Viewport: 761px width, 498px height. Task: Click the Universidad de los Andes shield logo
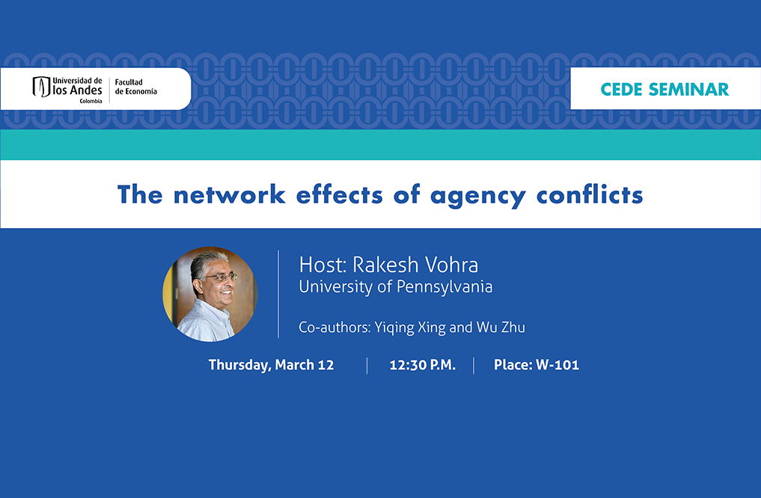pos(41,87)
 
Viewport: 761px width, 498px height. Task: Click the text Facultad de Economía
pos(136,87)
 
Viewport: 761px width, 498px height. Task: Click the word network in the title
pos(230,194)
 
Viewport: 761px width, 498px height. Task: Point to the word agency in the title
pos(477,197)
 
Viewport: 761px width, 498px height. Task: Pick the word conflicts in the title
pos(590,194)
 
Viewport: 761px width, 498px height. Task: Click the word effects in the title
pos(340,194)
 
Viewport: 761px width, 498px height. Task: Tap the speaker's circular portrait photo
pos(210,294)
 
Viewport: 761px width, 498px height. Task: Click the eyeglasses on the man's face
pos(220,277)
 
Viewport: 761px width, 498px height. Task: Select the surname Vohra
pos(451,265)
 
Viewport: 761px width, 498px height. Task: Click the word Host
pos(323,265)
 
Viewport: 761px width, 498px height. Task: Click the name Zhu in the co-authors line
pos(513,328)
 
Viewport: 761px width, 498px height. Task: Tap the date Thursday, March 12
pos(272,365)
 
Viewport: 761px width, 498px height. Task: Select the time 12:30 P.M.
pos(423,365)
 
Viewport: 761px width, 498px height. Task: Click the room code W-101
pos(557,365)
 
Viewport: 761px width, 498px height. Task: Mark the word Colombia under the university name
pos(91,101)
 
